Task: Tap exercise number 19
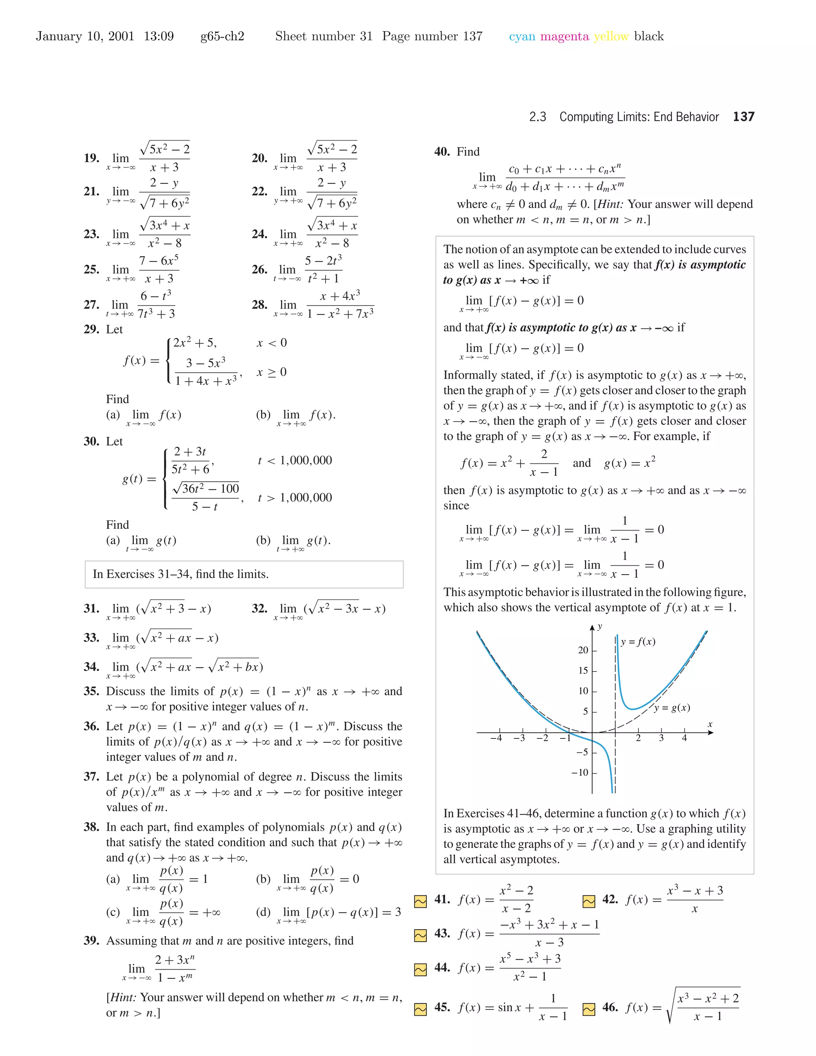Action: (91, 158)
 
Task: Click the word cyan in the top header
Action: (522, 36)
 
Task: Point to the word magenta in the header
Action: (564, 36)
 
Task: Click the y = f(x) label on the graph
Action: (638, 642)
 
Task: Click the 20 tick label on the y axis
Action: (583, 650)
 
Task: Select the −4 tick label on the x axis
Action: (496, 738)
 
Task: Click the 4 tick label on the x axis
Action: (685, 738)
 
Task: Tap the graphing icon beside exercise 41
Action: (421, 901)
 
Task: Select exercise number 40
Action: (442, 152)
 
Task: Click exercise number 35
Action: (91, 691)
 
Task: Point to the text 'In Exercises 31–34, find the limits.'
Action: (181, 574)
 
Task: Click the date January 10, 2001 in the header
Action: (85, 36)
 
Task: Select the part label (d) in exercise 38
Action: (263, 913)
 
